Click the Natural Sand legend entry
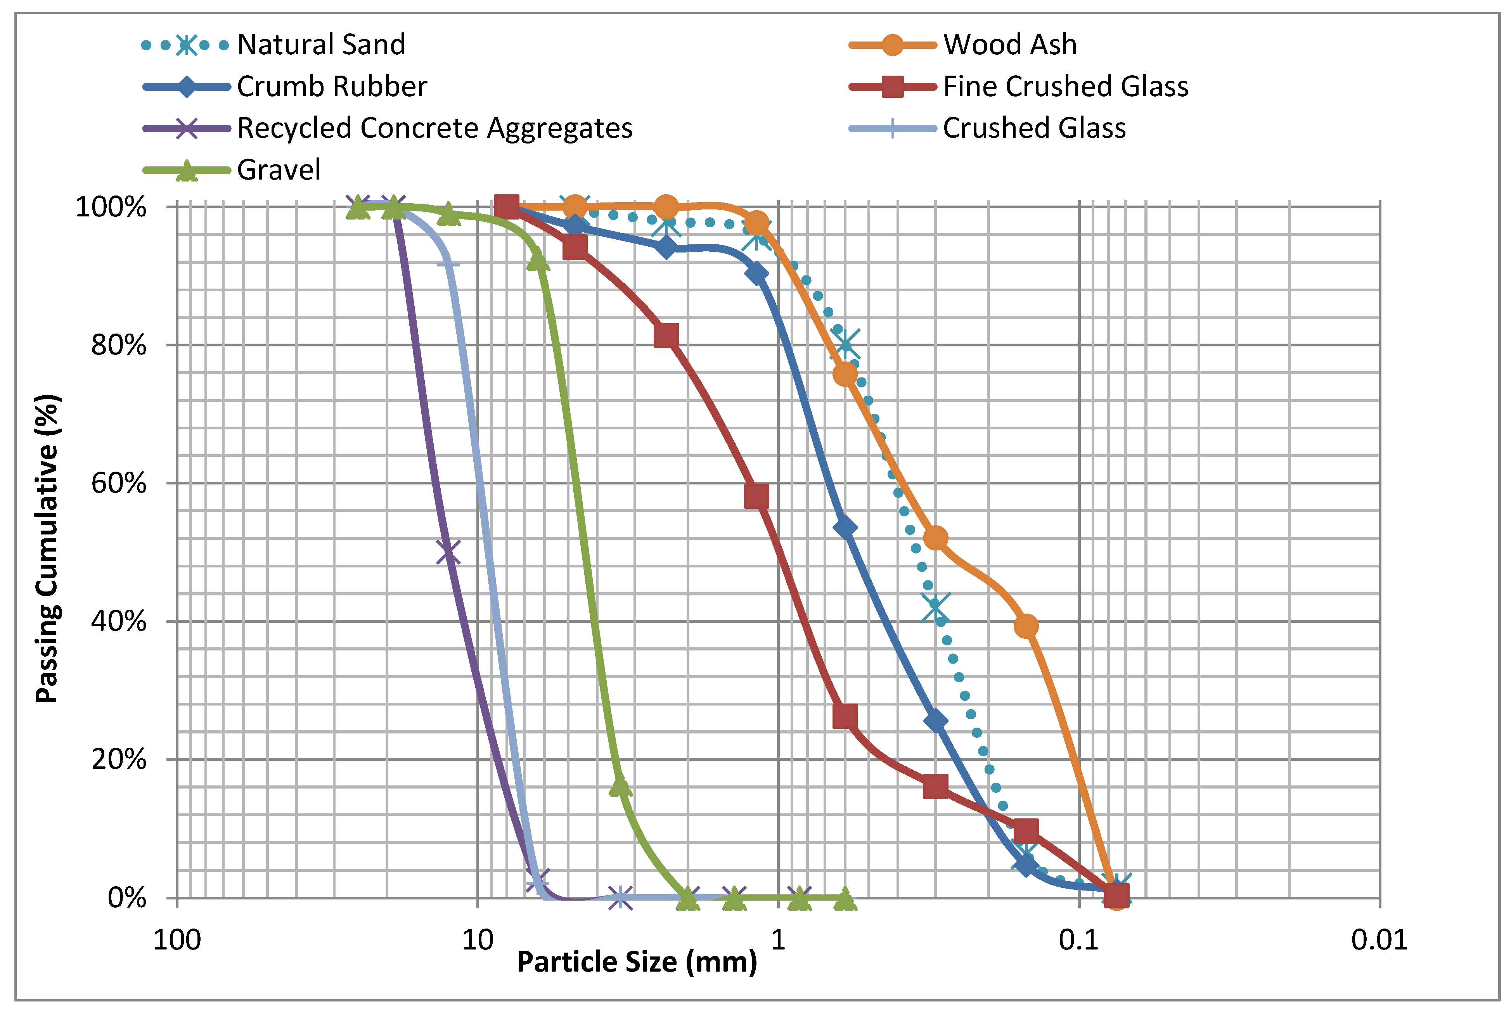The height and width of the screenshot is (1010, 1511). click(321, 45)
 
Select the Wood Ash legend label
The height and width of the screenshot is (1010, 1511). click(1009, 45)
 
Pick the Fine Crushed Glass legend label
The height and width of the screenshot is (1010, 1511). click(1065, 86)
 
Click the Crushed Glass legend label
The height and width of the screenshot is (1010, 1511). click(1034, 128)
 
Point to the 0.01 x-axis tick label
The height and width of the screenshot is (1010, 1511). click(1379, 941)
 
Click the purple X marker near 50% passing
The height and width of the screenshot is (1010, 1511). click(448, 553)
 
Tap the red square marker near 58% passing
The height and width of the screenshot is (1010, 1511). click(756, 496)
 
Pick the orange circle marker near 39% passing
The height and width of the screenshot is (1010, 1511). click(1025, 626)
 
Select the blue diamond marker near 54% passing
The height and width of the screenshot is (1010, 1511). click(845, 527)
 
